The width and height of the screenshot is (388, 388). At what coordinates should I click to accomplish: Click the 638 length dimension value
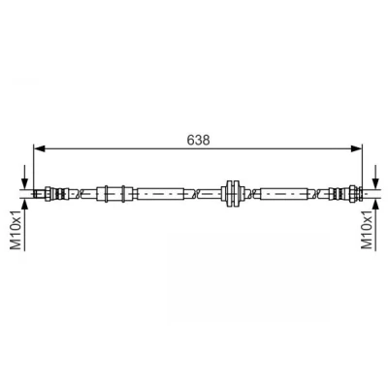pyautogui.click(x=199, y=140)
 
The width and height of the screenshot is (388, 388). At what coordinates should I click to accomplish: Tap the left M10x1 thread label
pyautogui.click(x=16, y=229)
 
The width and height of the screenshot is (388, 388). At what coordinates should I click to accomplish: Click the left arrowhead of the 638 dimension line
pyautogui.click(x=39, y=148)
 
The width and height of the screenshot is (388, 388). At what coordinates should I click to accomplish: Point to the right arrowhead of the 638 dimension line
pyautogui.click(x=357, y=148)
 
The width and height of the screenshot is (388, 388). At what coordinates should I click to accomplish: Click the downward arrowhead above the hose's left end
pyautogui.click(x=24, y=183)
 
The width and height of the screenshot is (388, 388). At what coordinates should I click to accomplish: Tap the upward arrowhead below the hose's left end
pyautogui.click(x=24, y=205)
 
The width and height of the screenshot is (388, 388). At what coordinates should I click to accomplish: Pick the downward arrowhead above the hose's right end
pyautogui.click(x=375, y=183)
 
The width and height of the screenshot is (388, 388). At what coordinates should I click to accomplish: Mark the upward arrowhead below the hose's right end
pyautogui.click(x=375, y=205)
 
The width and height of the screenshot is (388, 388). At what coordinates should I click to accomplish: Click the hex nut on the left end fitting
pyautogui.click(x=48, y=194)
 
